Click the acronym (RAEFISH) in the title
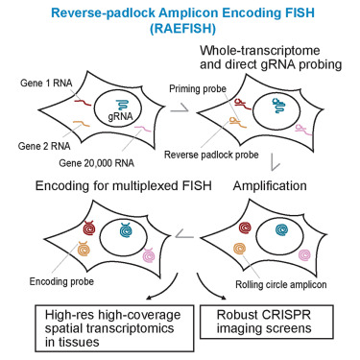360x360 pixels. tap(180, 29)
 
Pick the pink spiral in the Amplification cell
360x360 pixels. tap(312, 256)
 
